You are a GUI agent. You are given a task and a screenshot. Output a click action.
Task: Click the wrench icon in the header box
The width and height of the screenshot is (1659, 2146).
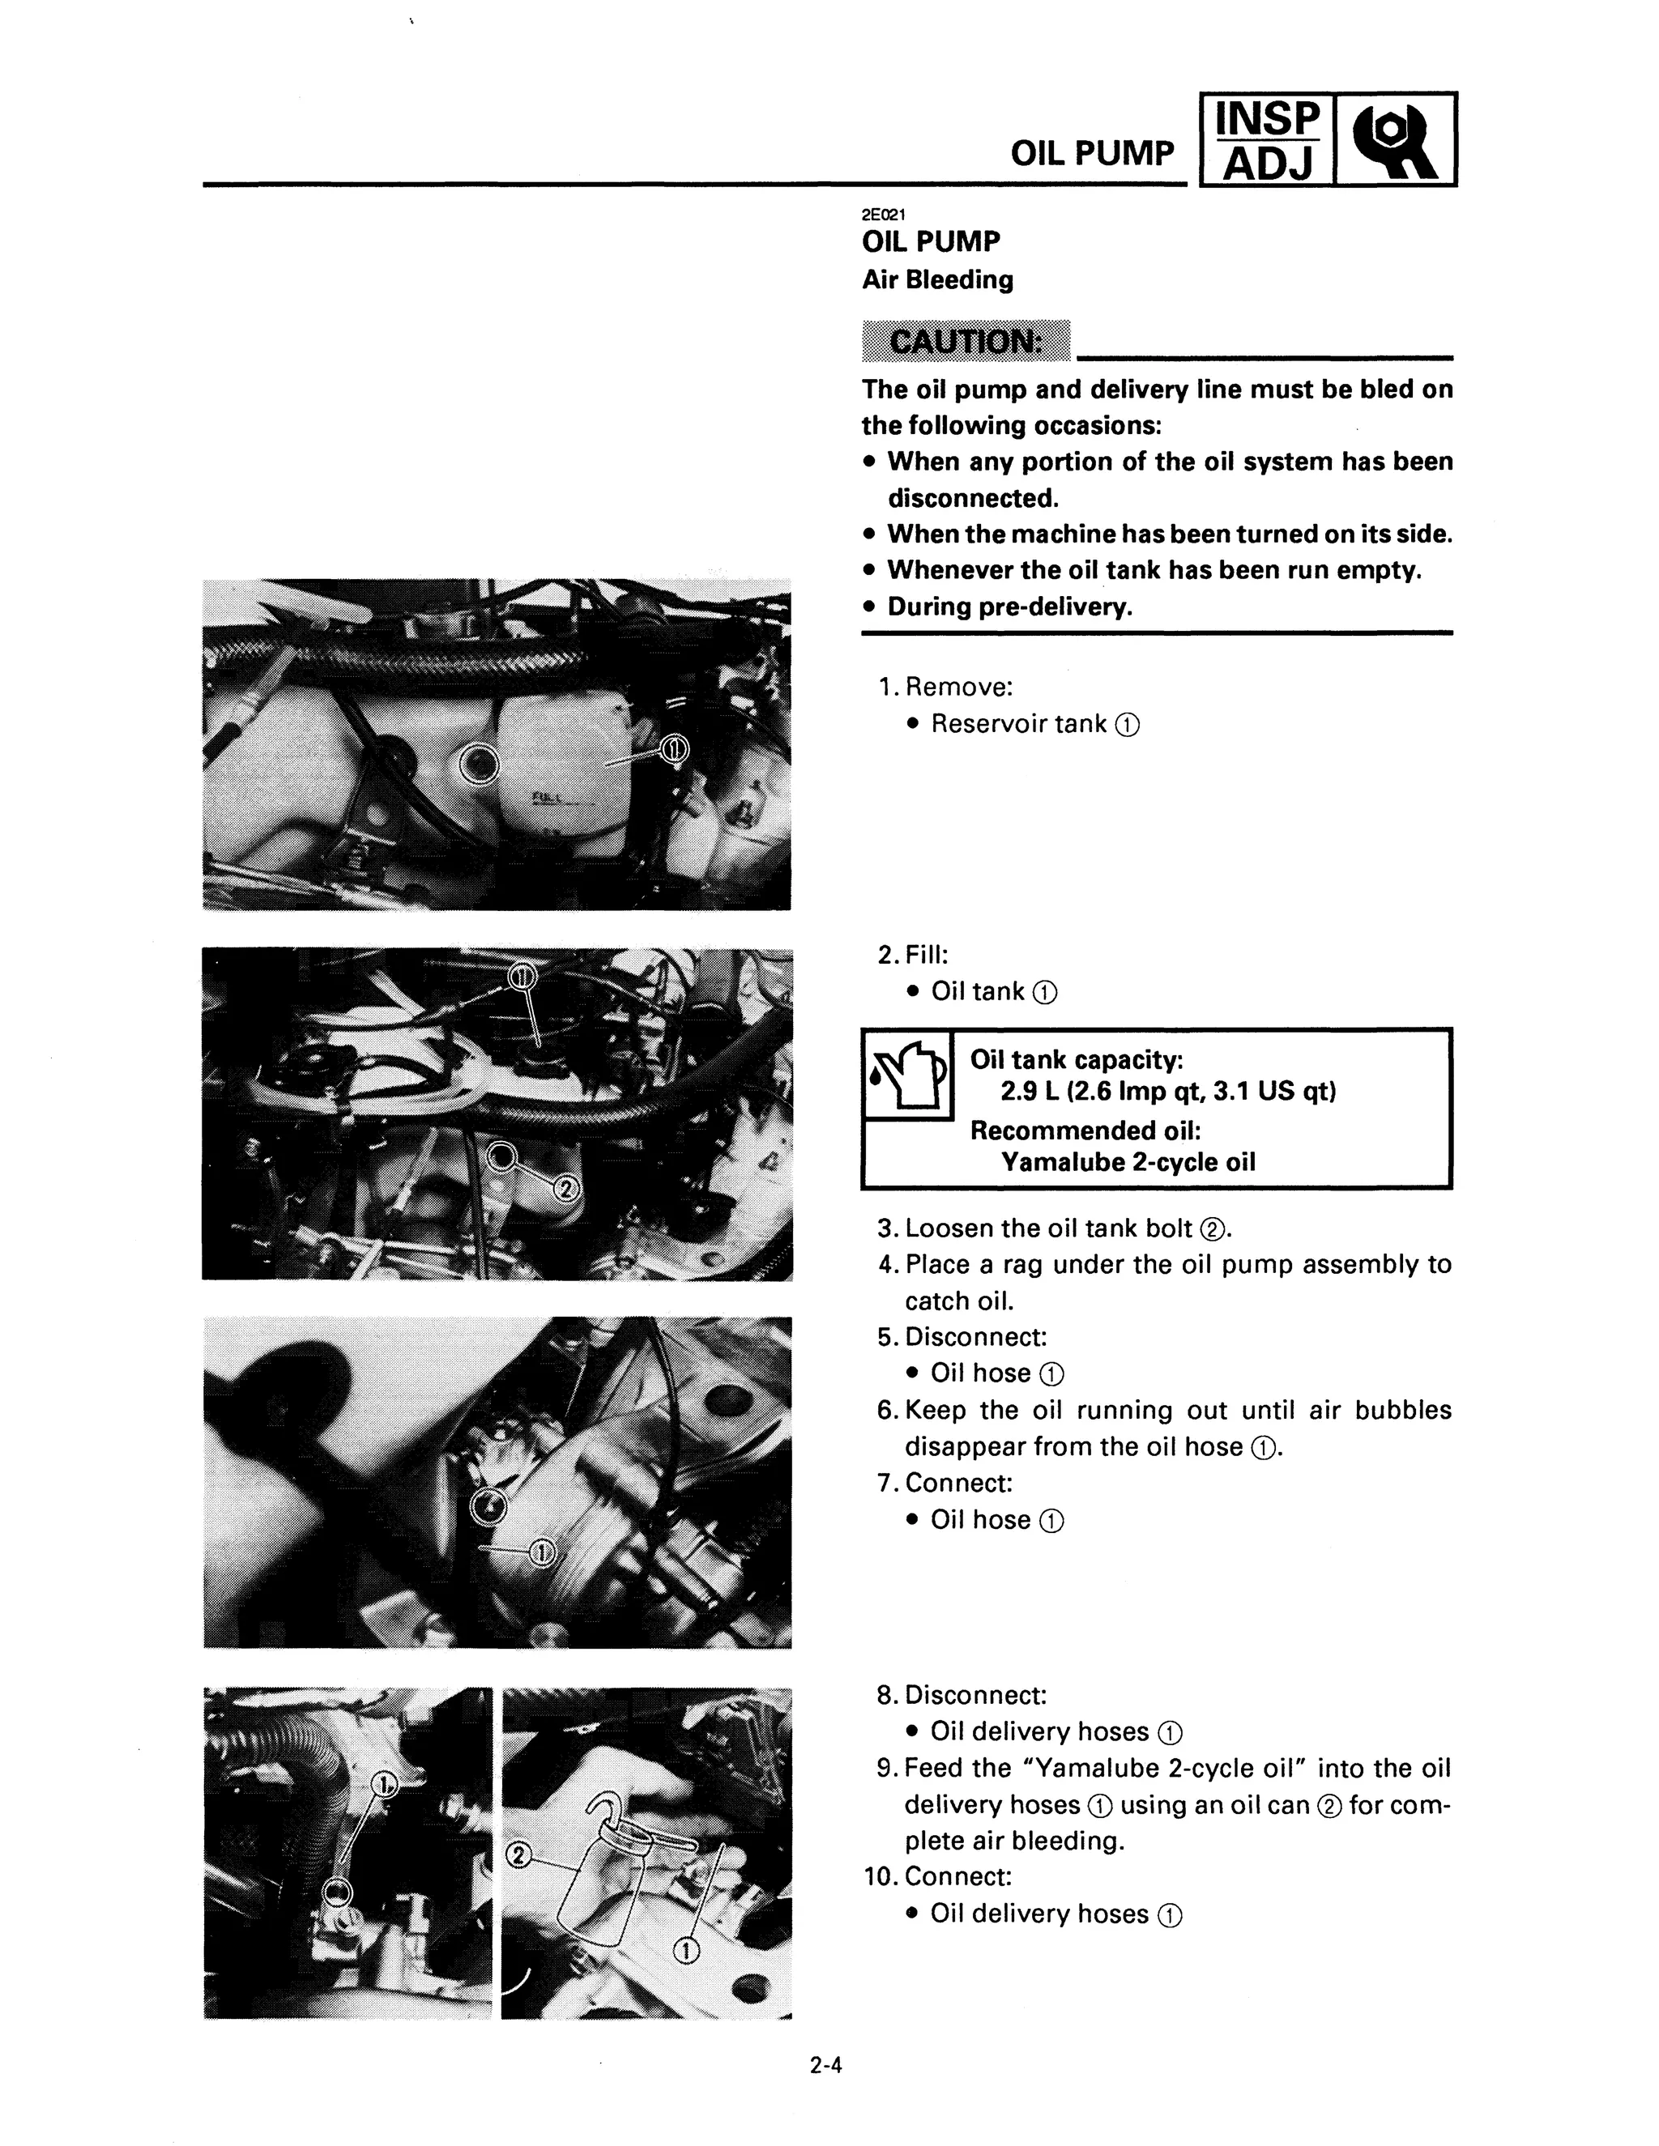(x=1395, y=139)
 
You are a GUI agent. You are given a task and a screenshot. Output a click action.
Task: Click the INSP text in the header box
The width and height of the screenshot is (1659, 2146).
(x=1267, y=120)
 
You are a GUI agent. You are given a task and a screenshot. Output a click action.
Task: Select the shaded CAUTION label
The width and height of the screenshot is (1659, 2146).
(x=964, y=341)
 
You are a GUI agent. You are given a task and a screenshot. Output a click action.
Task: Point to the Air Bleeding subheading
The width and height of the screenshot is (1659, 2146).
(x=936, y=280)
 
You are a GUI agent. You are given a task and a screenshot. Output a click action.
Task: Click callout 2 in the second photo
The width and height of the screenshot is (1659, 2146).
(x=565, y=1190)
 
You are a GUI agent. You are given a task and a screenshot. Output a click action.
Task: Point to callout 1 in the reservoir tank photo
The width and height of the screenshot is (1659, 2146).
(x=673, y=751)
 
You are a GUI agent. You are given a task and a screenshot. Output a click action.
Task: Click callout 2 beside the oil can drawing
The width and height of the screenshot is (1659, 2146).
(x=518, y=1854)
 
